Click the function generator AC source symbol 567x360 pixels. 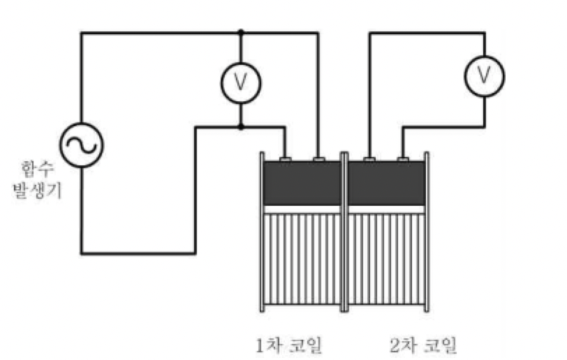[81, 144]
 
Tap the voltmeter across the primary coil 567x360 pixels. [240, 82]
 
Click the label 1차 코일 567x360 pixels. [291, 344]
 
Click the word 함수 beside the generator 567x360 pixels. [38, 168]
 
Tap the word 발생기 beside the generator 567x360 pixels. [38, 190]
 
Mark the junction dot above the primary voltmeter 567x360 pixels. [240, 32]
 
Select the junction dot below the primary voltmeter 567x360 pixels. [240, 127]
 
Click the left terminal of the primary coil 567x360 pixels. [286, 160]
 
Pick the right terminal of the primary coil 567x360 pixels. [319, 160]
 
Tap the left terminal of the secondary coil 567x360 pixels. [369, 160]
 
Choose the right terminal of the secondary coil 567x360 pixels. [403, 160]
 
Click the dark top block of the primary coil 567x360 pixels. [301, 183]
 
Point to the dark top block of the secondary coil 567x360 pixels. [386, 183]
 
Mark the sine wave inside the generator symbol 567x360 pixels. [81, 144]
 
